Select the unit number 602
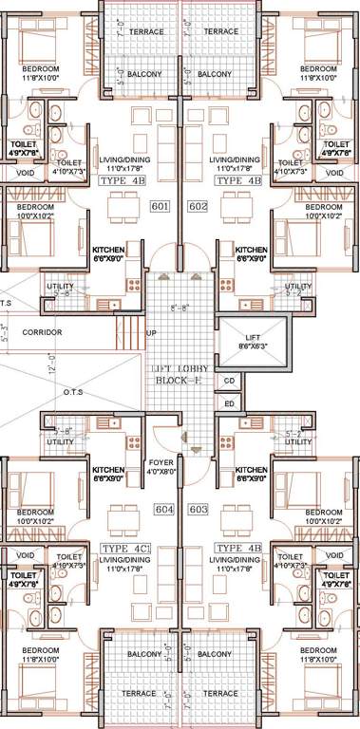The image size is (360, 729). pos(198,206)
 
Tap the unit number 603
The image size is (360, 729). pos(198,510)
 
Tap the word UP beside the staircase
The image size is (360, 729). pos(151,333)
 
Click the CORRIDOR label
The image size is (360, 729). pos(42,332)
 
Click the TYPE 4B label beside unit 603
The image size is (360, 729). pos(237,548)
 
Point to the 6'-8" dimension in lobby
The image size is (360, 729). pos(180,308)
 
